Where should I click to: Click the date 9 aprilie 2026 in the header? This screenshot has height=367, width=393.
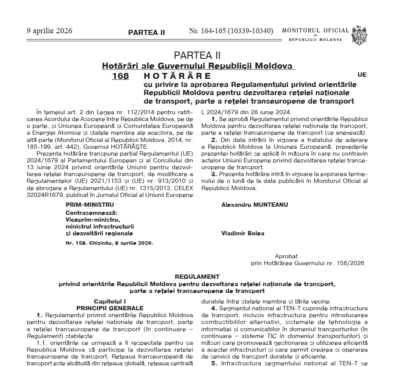click(49, 31)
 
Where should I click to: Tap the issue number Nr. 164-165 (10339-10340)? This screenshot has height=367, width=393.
click(231, 31)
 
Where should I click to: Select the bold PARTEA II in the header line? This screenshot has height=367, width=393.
click(146, 32)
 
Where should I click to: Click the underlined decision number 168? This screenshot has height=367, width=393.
click(120, 76)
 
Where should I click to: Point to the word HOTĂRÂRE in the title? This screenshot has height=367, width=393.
click(178, 76)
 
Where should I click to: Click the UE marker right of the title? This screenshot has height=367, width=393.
click(362, 75)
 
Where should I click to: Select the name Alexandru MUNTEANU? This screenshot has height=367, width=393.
click(254, 205)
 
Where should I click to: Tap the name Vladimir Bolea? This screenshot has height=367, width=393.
click(243, 233)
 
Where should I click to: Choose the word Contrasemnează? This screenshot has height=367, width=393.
click(92, 212)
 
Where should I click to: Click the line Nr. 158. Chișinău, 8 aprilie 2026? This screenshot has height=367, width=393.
click(109, 243)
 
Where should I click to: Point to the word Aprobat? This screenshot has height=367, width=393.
click(286, 256)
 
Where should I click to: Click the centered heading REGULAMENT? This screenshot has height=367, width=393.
click(197, 277)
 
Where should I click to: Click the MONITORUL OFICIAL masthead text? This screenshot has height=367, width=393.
click(315, 31)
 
